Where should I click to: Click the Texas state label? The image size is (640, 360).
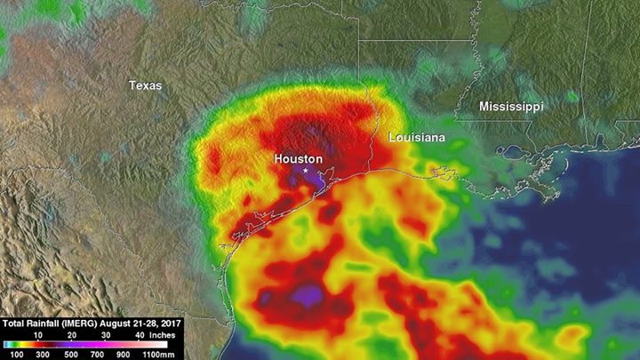click(145, 85)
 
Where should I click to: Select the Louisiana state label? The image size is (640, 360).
click(417, 139)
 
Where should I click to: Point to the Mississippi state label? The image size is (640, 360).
click(511, 106)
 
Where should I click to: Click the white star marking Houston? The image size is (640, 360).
click(306, 169)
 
